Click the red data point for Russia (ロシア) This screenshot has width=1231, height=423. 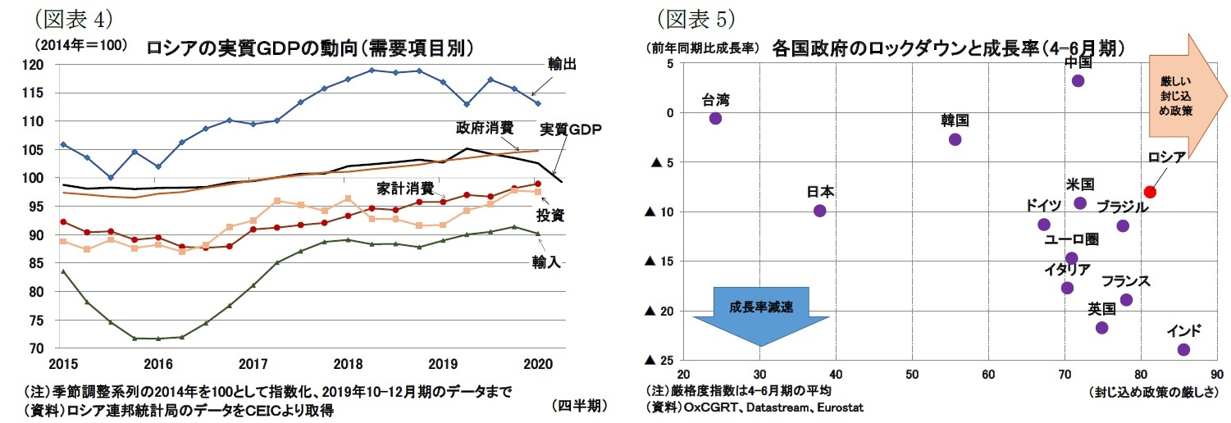(x=1150, y=192)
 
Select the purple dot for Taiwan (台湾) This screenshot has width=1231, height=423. (x=715, y=118)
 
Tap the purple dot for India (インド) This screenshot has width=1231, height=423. (x=1183, y=349)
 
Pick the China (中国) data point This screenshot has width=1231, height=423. (x=1078, y=80)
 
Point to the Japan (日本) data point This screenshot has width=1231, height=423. (x=819, y=211)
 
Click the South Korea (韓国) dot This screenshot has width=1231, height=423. (x=955, y=139)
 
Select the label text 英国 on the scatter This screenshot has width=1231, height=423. (x=1101, y=309)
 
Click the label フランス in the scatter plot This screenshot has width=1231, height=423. (x=1125, y=281)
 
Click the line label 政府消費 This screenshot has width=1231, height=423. (x=485, y=127)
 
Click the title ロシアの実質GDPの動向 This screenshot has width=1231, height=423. (x=310, y=48)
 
